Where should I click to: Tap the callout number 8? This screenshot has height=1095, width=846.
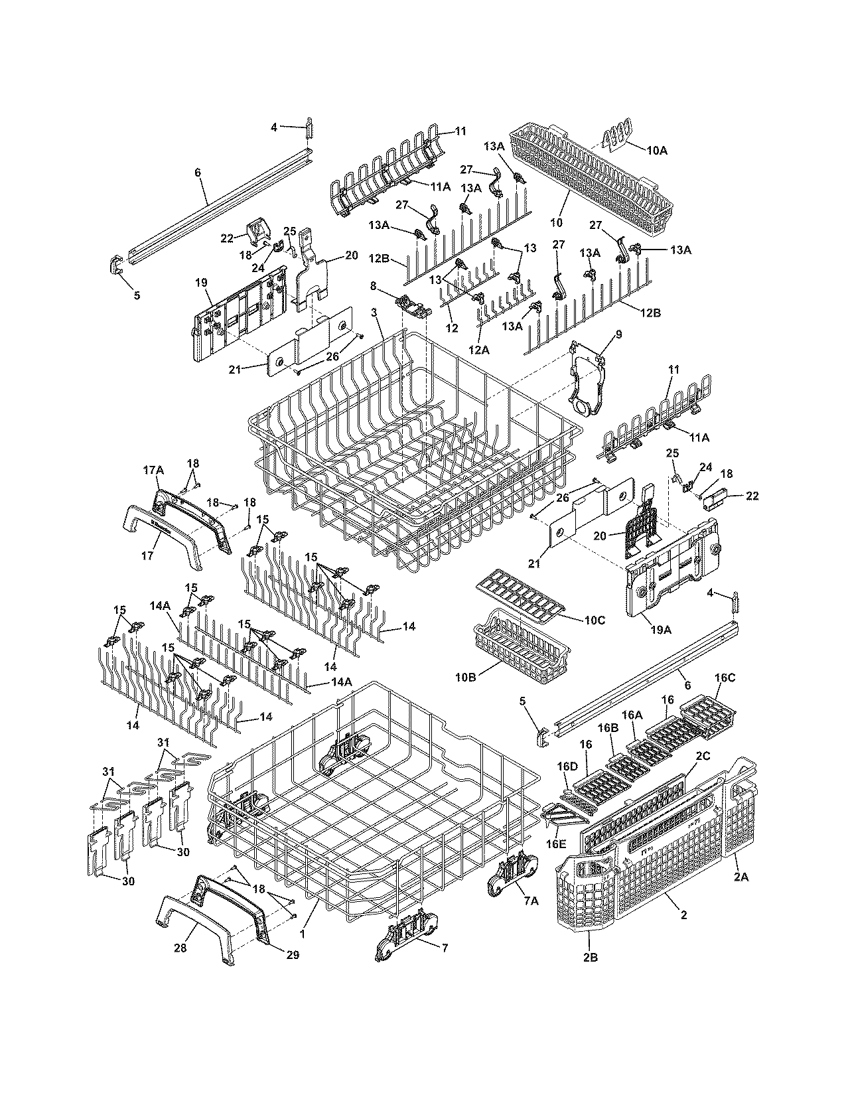(373, 285)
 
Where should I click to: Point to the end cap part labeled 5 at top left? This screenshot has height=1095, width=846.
(115, 267)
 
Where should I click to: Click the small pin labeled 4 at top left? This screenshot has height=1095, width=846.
(309, 128)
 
